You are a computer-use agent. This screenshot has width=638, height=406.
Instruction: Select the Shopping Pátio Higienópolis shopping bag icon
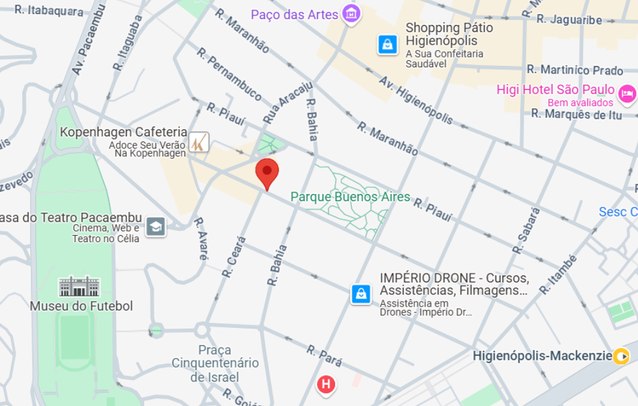click(x=387, y=44)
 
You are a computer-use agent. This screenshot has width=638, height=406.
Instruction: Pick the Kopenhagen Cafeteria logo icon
click(x=199, y=142)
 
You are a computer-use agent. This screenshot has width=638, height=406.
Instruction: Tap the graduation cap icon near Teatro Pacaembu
click(x=156, y=226)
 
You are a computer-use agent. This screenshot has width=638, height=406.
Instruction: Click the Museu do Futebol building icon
click(x=80, y=286)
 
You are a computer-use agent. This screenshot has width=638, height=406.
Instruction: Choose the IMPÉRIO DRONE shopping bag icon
click(x=361, y=294)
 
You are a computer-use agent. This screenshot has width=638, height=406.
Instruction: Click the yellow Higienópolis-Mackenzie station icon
click(x=621, y=355)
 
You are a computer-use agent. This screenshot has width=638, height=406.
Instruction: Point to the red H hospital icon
click(x=327, y=384)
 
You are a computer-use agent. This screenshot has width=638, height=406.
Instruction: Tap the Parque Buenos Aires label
click(x=350, y=197)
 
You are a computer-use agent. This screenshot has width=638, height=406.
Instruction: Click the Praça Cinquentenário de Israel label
click(x=215, y=363)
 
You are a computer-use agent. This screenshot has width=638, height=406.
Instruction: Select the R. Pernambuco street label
click(x=229, y=74)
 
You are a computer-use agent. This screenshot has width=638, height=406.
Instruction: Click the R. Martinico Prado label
click(x=575, y=70)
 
